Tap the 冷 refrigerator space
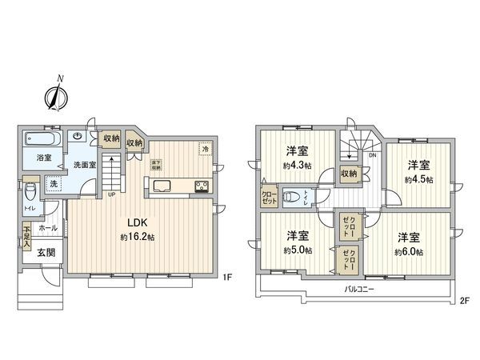tap(206, 149)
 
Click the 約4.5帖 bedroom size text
tap(418, 179)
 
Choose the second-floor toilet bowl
tap(295, 195)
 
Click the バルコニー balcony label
tap(362, 288)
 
